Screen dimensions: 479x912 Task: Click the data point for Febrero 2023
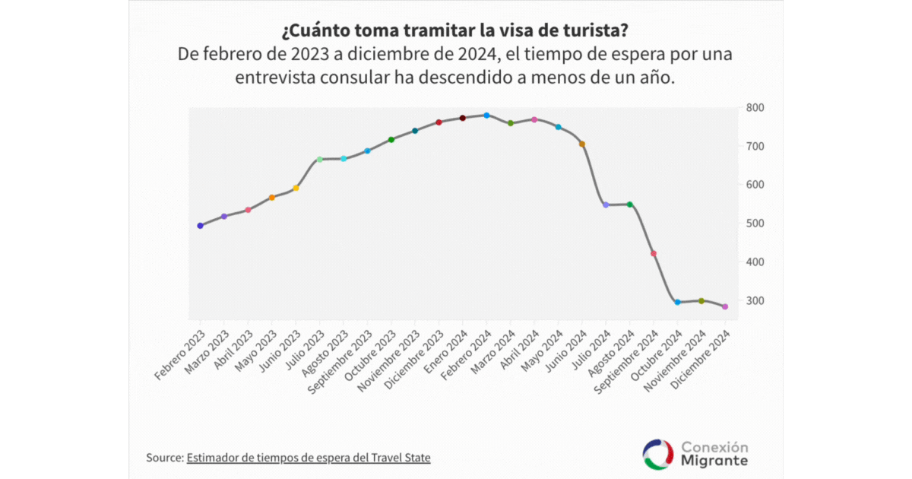(200, 226)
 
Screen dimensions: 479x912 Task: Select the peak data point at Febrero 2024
(486, 116)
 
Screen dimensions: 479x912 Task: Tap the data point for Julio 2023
(319, 159)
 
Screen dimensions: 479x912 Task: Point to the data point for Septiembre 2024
(654, 253)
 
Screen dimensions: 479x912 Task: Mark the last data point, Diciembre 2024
(725, 306)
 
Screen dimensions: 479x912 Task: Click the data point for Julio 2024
(606, 205)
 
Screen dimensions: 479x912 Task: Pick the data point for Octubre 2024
(678, 302)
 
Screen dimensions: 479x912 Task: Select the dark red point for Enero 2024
(462, 118)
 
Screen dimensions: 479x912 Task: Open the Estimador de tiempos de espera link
(309, 458)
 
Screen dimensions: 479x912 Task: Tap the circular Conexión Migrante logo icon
(658, 454)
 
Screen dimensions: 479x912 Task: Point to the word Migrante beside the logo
(714, 462)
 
